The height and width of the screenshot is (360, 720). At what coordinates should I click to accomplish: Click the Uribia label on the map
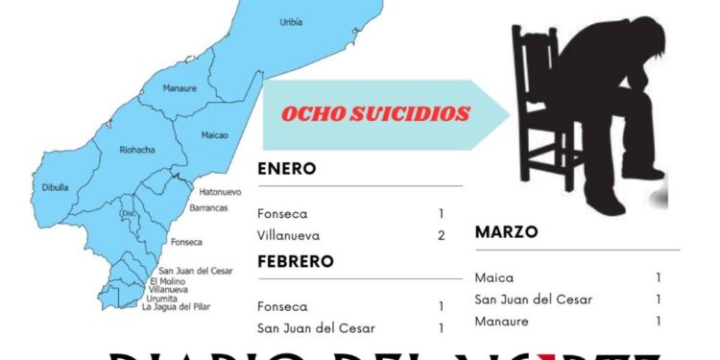[292, 21]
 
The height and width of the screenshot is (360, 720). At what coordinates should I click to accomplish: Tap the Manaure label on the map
[180, 88]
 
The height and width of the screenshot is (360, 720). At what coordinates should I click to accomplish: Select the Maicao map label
[215, 135]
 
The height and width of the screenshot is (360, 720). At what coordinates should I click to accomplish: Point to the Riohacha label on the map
[135, 151]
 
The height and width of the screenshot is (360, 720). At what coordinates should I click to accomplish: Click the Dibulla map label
[56, 187]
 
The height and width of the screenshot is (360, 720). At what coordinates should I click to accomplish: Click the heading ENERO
[287, 169]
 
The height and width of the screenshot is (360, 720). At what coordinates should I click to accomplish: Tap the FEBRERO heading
[296, 261]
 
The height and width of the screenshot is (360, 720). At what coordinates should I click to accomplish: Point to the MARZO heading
[506, 232]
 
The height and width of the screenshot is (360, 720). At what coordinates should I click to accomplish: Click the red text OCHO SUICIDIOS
[375, 114]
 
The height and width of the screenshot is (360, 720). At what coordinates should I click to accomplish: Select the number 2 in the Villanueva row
[441, 235]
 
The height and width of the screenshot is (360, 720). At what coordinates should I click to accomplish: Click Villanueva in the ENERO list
[289, 235]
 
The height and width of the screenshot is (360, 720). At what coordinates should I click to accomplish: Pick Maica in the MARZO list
[494, 277]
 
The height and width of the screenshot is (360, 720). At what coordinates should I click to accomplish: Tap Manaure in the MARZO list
[502, 322]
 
